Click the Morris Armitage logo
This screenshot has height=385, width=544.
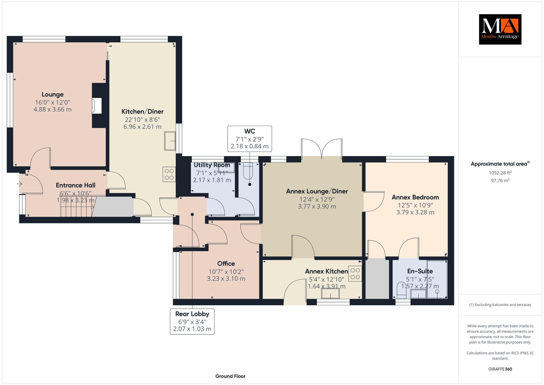500,29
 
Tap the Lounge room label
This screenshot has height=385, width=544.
53,94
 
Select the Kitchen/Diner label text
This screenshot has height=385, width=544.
142,112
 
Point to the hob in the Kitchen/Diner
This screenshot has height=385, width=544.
169,174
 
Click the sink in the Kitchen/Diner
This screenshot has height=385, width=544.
170,141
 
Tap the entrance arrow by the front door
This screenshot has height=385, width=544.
19,184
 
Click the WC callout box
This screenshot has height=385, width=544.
250,139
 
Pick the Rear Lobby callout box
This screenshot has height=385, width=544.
192,321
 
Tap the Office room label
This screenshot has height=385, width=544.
226,263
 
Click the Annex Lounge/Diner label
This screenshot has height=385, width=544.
317,191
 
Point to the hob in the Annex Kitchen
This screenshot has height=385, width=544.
355,274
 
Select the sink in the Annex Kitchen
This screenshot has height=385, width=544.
330,294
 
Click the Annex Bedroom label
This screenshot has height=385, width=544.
415,197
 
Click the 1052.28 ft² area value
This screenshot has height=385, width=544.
500,173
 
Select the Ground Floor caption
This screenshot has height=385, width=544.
230,376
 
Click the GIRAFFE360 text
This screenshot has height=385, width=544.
500,369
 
